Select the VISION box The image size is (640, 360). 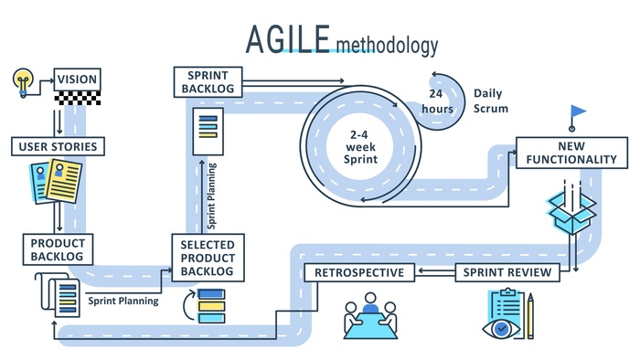coord(77,79)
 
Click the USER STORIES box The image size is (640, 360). coord(57,146)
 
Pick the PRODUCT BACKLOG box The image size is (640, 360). coord(58,249)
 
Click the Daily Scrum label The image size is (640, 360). coord(491,101)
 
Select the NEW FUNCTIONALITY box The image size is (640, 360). coord(571,153)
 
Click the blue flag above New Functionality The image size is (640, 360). coord(578,112)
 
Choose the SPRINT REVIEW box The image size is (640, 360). coord(507,272)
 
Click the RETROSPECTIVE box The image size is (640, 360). coord(360,272)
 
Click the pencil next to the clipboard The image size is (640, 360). coord(529,314)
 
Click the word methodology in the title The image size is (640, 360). coord(387,44)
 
